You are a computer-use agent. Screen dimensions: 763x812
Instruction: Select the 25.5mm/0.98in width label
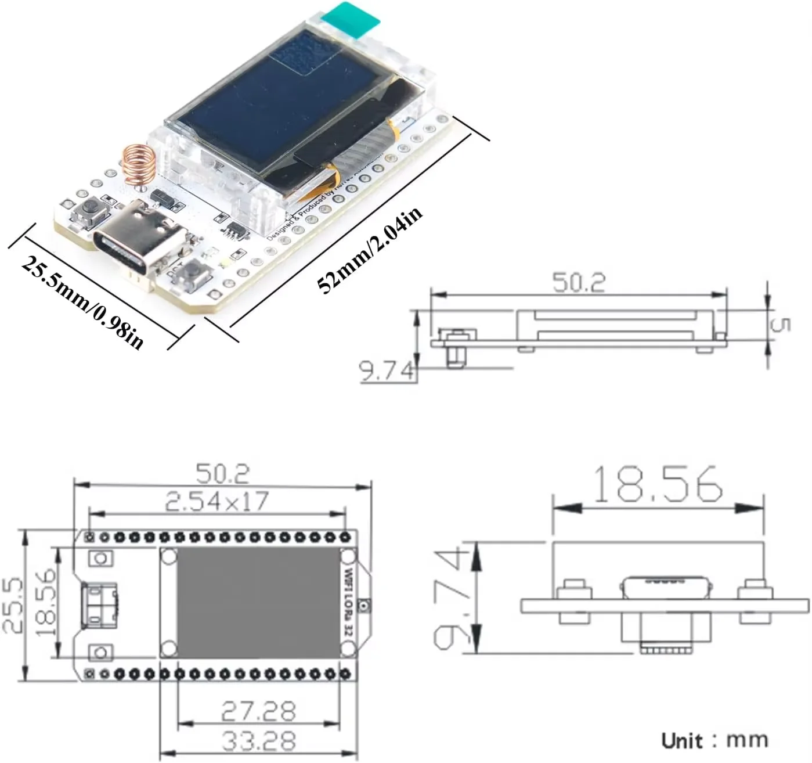point(82,303)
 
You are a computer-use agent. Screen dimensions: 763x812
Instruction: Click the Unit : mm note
point(714,740)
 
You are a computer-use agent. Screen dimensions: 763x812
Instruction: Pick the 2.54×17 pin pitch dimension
point(217,502)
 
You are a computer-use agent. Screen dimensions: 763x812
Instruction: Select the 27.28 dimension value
point(258,711)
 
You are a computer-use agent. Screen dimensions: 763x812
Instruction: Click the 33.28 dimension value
point(258,741)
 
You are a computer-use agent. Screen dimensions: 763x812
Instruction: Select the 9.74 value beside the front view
point(450,598)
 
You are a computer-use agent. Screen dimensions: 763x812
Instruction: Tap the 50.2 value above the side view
point(578,283)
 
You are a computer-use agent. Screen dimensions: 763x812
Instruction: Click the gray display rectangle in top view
point(258,603)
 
